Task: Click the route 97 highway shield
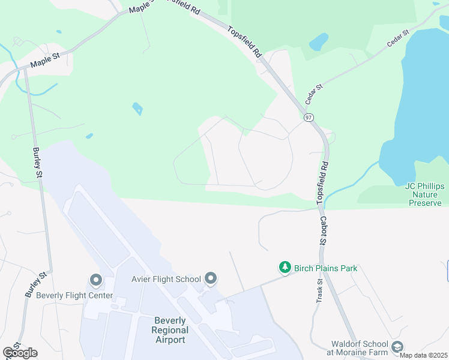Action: click(x=308, y=117)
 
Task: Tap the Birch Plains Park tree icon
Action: click(x=285, y=268)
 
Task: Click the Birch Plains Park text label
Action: click(x=325, y=268)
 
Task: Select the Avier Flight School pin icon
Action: click(x=210, y=278)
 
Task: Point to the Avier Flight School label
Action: click(x=166, y=279)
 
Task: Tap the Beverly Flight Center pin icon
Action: click(x=95, y=280)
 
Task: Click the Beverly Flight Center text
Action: click(x=74, y=295)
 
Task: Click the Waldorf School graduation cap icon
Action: click(x=397, y=347)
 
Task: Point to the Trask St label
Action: click(x=319, y=290)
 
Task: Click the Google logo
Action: click(x=20, y=353)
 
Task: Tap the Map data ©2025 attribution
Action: click(x=423, y=355)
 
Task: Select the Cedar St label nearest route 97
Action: click(x=314, y=95)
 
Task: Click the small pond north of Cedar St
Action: click(x=319, y=41)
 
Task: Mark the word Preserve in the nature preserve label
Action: click(x=425, y=203)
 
